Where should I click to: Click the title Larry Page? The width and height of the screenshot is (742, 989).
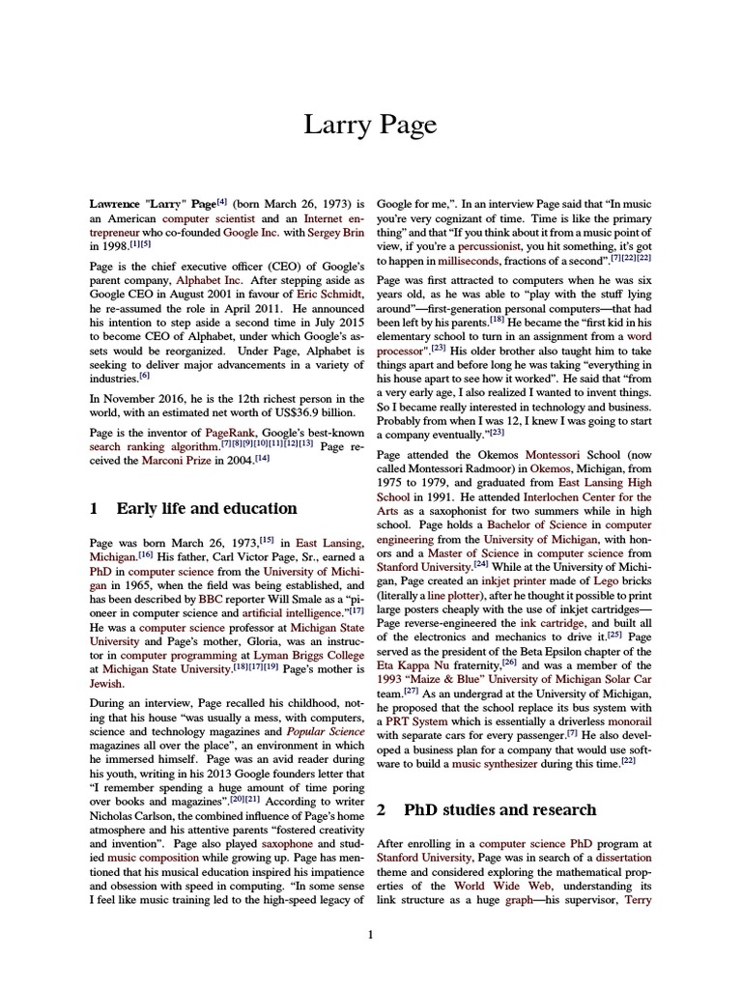click(x=370, y=125)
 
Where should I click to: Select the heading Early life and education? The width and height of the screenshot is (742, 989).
click(x=206, y=508)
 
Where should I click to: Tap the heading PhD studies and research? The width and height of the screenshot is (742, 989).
click(x=499, y=809)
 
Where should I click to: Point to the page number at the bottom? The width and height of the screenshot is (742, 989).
click(x=370, y=934)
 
